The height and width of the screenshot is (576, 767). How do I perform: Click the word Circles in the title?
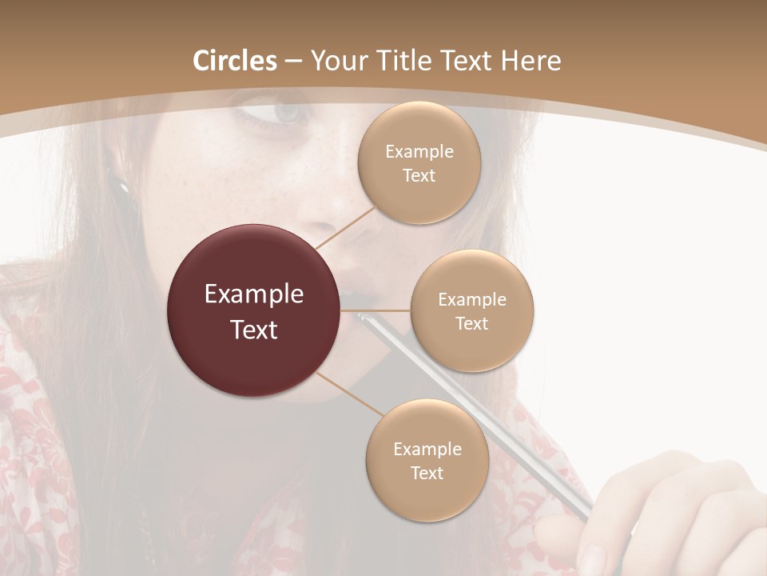pyautogui.click(x=235, y=61)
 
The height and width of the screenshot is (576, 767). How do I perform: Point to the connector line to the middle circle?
pyautogui.click(x=376, y=310)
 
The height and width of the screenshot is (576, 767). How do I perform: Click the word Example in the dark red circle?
pyautogui.click(x=254, y=294)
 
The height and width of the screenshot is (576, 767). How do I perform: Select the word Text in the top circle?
pyautogui.click(x=419, y=176)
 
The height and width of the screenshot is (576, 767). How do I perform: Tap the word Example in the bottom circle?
pyautogui.click(x=427, y=450)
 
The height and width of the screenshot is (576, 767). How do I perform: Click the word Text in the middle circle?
pyautogui.click(x=471, y=323)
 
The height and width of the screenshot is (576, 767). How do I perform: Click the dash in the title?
pyautogui.click(x=293, y=62)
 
